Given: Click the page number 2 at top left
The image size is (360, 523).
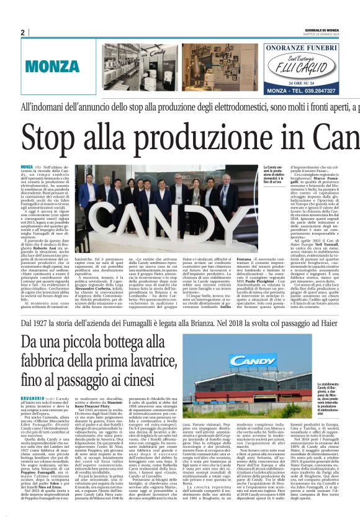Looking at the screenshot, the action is coord(23,32).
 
